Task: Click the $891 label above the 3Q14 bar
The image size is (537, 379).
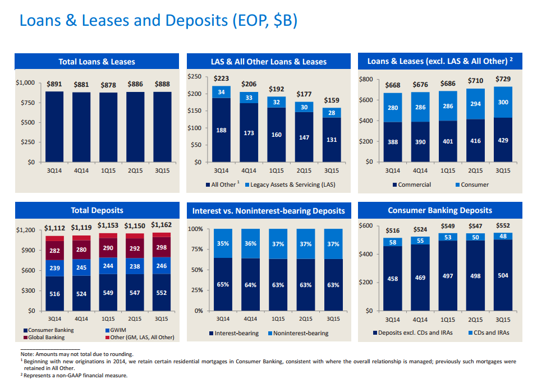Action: click(54, 84)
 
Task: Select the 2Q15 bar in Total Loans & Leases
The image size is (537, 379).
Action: click(135, 126)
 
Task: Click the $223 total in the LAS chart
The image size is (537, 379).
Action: click(221, 78)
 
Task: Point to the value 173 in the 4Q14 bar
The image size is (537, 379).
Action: click(249, 134)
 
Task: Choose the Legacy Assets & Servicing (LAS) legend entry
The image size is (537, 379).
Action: click(292, 184)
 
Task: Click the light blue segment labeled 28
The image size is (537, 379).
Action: click(331, 113)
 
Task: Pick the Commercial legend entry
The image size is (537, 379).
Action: click(414, 184)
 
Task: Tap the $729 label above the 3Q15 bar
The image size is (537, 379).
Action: click(503, 80)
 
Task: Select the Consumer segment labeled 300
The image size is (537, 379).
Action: click(503, 102)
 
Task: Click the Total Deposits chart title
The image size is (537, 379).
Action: click(97, 210)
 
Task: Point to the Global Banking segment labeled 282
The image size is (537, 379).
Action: click(54, 251)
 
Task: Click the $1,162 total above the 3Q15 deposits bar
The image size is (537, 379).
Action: click(162, 225)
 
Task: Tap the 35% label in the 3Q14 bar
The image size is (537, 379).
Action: click(223, 244)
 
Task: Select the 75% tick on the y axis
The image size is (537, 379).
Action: click(196, 249)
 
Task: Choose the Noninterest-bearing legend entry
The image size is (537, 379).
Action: click(300, 333)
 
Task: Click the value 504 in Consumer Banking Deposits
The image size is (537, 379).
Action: click(503, 275)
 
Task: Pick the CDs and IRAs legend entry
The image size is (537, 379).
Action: click(490, 333)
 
